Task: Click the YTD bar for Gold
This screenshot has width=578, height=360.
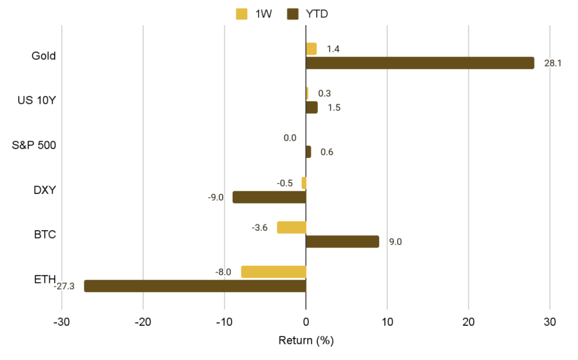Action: coord(420,63)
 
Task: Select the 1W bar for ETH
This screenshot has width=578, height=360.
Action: coord(273,272)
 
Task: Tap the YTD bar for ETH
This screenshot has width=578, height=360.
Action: coord(195,286)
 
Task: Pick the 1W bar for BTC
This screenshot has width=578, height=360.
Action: coord(292,227)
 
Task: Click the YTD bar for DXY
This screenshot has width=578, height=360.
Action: coord(269,197)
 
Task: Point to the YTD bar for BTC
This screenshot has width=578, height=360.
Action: coord(342,241)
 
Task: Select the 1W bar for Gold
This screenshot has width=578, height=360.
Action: coord(311,49)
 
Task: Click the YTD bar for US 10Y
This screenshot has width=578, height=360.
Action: coord(312,108)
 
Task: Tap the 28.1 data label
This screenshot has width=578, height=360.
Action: coord(552,63)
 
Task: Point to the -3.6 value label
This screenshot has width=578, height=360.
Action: coord(260,228)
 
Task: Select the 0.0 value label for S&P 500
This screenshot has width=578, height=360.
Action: coord(290,138)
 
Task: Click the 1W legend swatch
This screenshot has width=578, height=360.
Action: coord(242,14)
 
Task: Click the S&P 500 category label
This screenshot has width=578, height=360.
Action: coord(34,145)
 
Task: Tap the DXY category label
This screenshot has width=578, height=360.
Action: coord(45,190)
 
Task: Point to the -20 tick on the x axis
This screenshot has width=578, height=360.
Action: coord(143,322)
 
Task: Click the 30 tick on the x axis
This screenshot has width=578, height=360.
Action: coord(550,322)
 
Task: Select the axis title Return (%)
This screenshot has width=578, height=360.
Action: coord(306,340)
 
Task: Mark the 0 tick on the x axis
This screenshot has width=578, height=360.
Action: coord(306,322)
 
